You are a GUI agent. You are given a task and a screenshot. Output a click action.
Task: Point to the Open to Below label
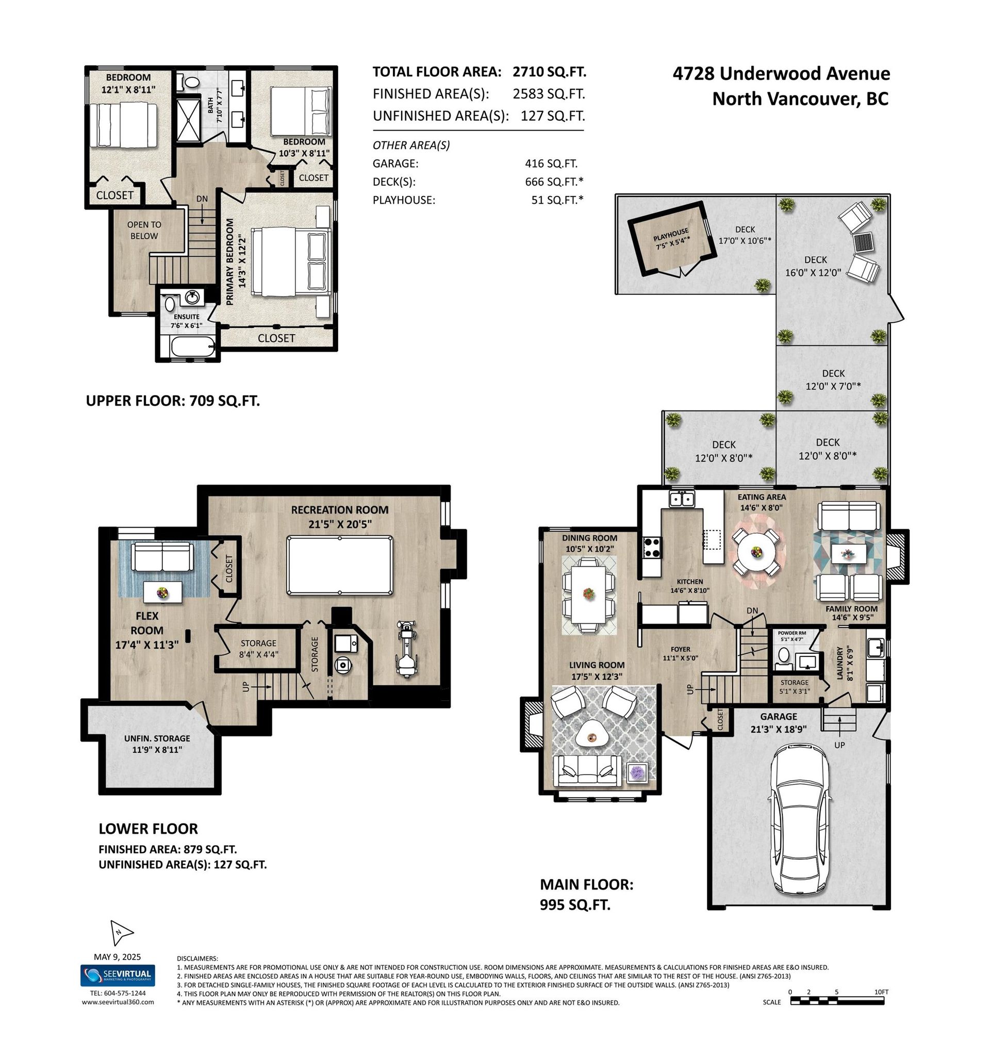(144, 230)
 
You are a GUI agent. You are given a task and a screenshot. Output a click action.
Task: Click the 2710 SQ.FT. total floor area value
(549, 72)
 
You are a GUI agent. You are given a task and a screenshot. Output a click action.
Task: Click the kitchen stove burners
(652, 547)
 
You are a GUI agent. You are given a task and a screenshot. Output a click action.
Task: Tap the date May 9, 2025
(118, 957)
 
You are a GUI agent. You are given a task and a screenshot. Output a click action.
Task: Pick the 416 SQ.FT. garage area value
(551, 163)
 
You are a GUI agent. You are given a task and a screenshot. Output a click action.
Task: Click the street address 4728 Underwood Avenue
(781, 74)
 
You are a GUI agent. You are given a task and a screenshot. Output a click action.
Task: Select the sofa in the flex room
(161, 557)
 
